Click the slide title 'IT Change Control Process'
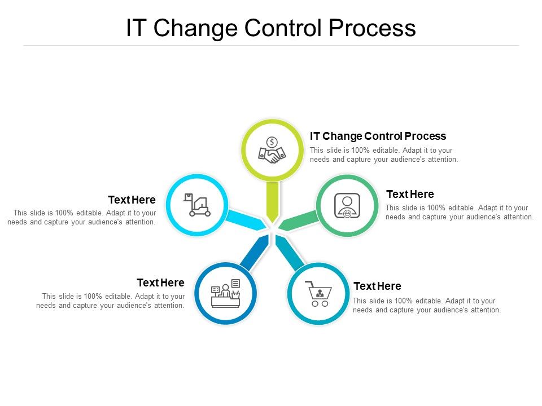pos(271,28)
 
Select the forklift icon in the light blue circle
pos(198,205)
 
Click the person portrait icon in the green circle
pos(347,205)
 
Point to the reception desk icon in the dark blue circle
pos(226,293)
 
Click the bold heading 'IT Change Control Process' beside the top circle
pos(378,136)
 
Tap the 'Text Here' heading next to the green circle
pos(410,195)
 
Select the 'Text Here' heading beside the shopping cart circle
pos(377,286)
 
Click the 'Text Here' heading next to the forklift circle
pos(132,200)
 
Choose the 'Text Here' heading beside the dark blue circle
pos(160,283)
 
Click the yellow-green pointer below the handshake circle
pos(272,201)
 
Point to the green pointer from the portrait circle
pos(298,220)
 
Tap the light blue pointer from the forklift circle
pos(244,219)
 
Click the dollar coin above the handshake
pos(272,142)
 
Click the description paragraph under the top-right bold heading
pos(384,155)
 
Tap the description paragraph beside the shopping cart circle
pos(427,305)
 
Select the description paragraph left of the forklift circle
pos(82,218)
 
